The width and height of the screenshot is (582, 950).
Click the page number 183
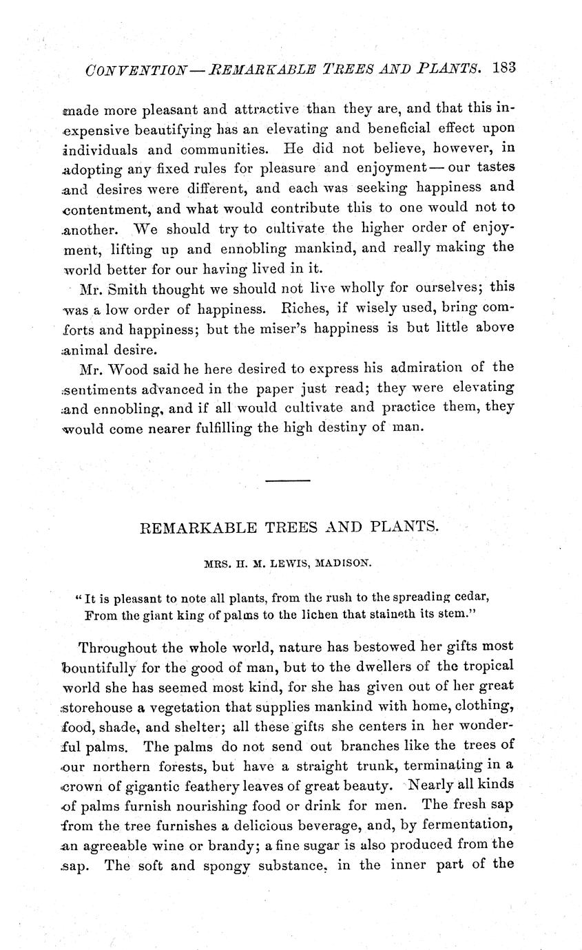[x=504, y=68]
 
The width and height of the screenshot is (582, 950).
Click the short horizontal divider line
[x=287, y=481]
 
